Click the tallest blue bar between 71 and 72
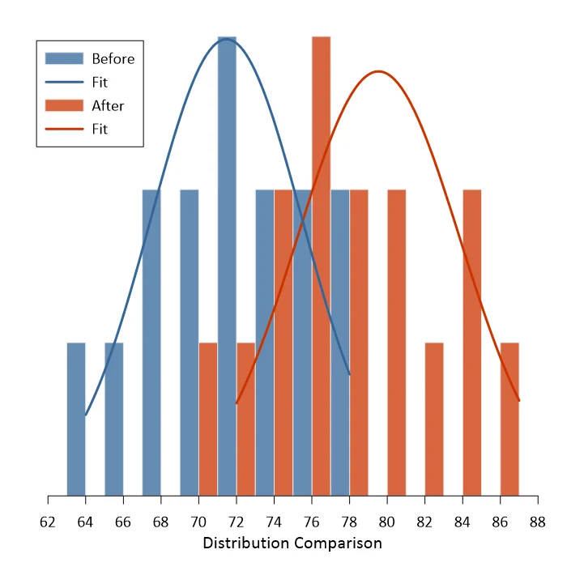(227, 266)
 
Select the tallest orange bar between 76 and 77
(321, 266)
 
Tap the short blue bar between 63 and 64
(76, 419)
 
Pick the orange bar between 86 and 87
(509, 419)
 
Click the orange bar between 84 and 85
(472, 343)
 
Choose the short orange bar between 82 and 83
(434, 419)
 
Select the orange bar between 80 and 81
(397, 343)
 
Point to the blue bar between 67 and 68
(151, 343)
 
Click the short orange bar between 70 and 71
(208, 419)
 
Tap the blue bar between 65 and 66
(114, 419)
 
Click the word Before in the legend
(113, 59)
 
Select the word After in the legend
(108, 106)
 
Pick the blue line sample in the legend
(64, 82)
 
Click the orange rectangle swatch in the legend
(64, 105)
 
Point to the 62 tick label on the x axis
(48, 522)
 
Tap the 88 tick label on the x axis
(538, 522)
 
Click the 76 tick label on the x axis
(311, 522)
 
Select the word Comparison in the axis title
(339, 544)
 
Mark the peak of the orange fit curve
(378, 70)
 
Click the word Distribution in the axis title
(246, 543)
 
